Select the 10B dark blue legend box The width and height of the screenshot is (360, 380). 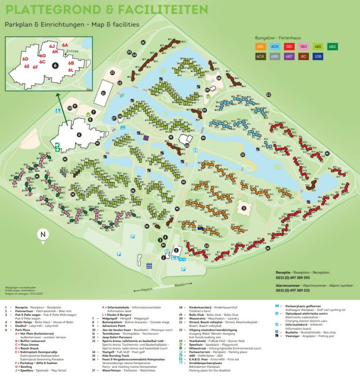coord(318,56)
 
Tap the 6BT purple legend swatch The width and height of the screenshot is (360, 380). coord(290,56)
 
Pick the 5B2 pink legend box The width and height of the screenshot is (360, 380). coord(304,46)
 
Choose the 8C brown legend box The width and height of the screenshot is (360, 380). coord(304,56)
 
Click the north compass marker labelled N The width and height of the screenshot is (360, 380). coord(43,235)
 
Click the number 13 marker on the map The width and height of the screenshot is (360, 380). coord(112,73)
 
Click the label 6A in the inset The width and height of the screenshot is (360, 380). coord(65,45)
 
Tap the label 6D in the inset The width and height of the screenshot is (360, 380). coord(25,59)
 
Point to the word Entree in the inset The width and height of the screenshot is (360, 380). coord(73,51)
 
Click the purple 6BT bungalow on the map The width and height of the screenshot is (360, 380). coord(147,137)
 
